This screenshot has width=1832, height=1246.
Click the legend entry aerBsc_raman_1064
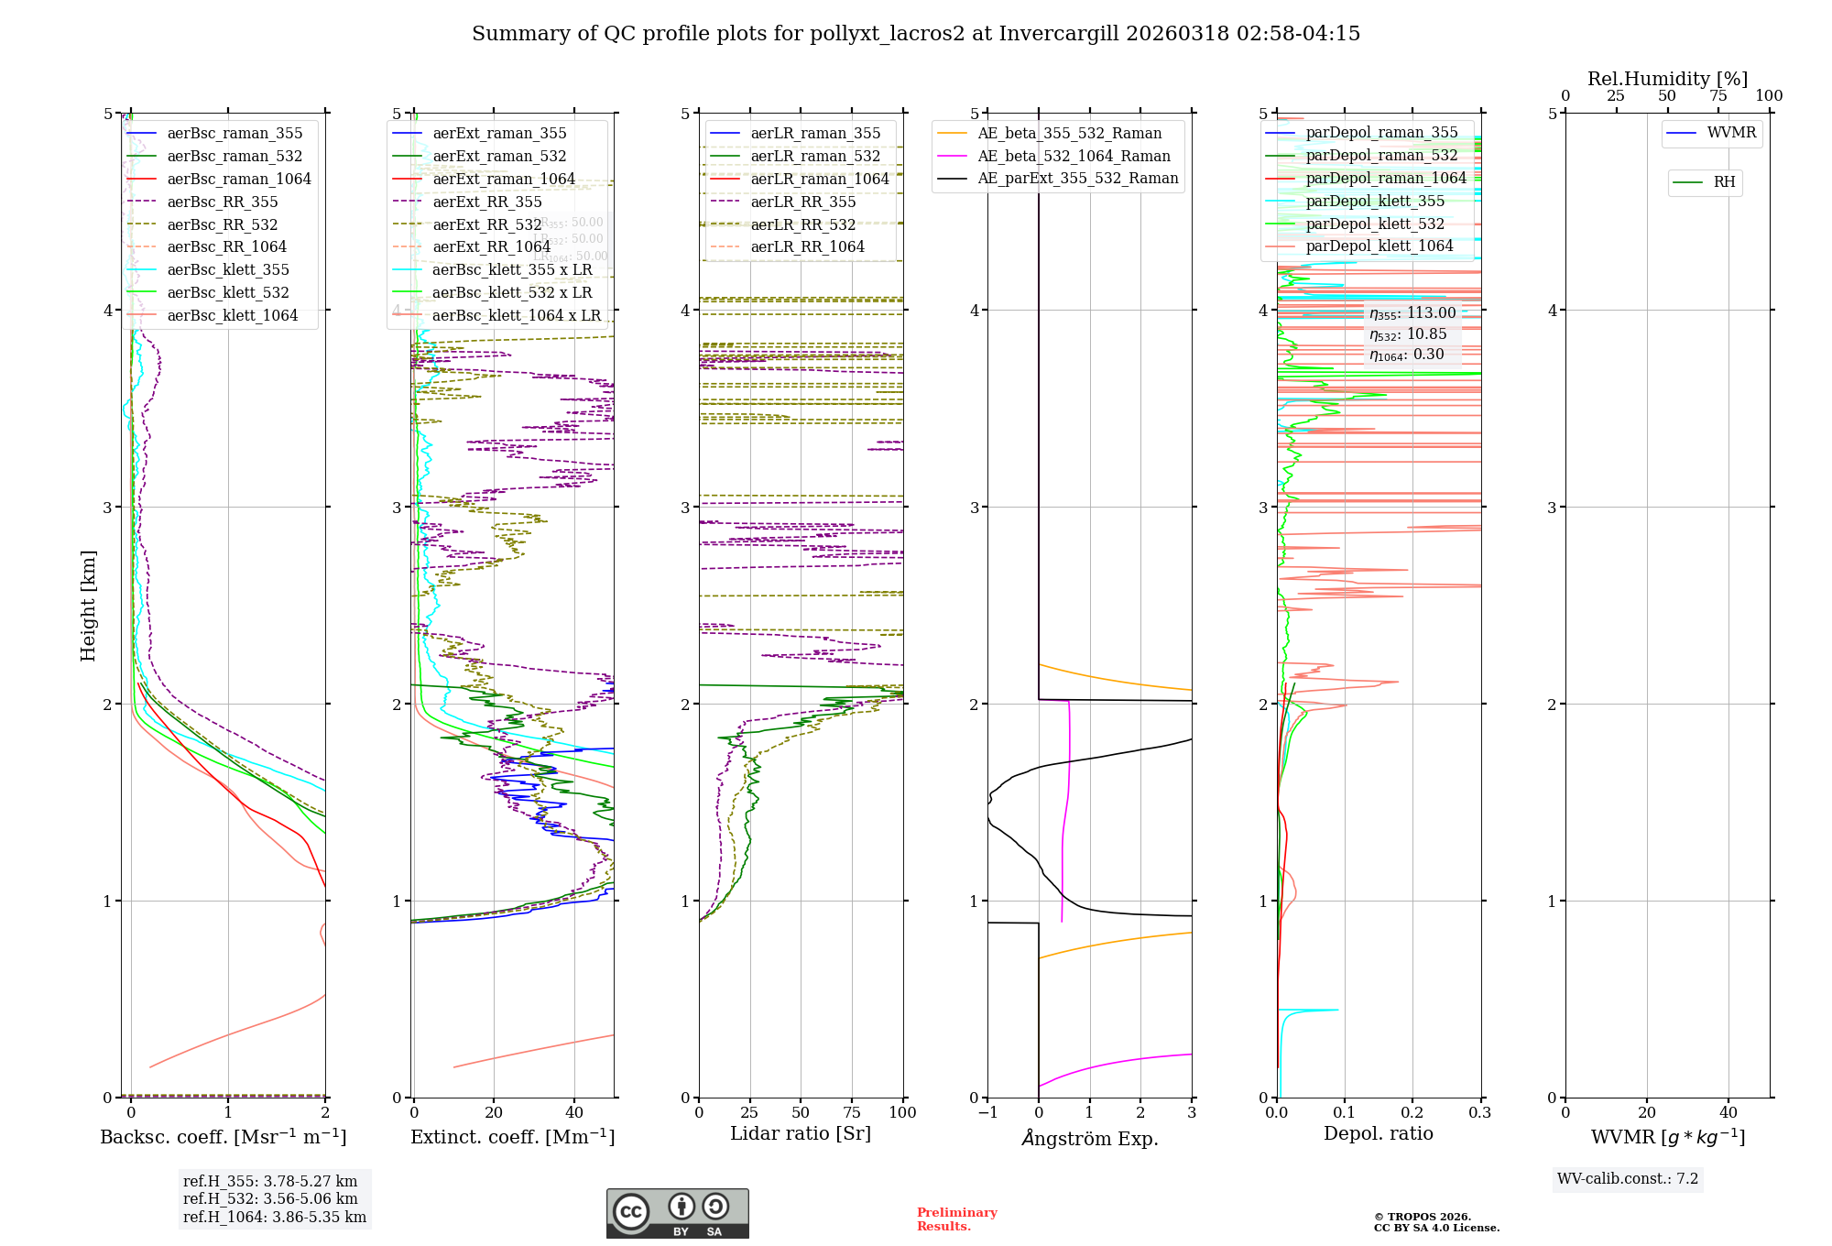click(238, 180)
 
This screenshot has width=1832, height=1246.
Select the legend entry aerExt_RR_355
click(486, 202)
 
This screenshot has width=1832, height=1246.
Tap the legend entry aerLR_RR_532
click(802, 225)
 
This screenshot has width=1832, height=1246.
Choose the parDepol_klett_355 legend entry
click(1374, 202)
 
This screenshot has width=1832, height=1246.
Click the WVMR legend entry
click(1730, 133)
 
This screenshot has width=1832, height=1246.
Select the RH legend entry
click(1723, 182)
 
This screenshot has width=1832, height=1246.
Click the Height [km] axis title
click(88, 606)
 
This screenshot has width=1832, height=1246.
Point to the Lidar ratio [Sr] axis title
click(800, 1134)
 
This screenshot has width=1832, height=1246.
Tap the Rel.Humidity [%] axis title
click(1667, 79)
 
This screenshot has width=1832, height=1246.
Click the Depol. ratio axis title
click(1378, 1134)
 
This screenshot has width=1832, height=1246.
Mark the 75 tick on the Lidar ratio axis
click(852, 1113)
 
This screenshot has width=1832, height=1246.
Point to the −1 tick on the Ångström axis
click(987, 1113)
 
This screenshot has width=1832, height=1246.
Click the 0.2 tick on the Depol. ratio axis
click(1412, 1113)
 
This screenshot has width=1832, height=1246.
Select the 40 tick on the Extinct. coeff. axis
click(574, 1113)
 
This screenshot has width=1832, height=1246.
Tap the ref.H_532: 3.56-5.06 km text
click(270, 1199)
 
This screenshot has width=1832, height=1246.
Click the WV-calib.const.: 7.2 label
click(1628, 1179)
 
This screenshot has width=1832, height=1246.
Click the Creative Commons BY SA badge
click(677, 1214)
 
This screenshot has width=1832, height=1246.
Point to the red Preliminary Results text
click(956, 1219)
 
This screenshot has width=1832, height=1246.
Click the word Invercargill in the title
click(1059, 34)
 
